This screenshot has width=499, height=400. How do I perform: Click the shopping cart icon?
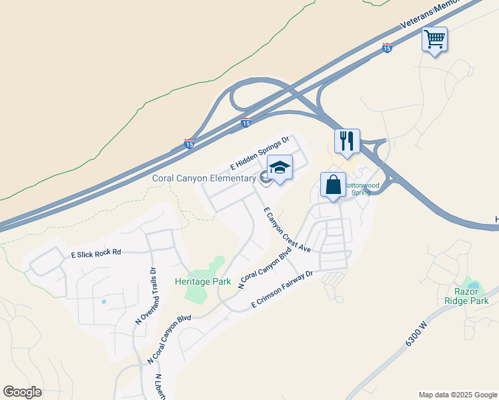click(x=434, y=39)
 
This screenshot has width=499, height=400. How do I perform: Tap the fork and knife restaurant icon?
click(x=347, y=141)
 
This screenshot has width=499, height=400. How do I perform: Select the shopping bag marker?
click(x=332, y=185)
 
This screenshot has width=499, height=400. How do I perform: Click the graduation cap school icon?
click(x=280, y=168)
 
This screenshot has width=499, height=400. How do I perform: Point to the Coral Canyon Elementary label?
click(x=204, y=178)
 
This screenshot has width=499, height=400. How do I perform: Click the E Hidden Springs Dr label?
click(x=259, y=153)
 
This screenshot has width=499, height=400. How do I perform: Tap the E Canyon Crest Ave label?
click(x=288, y=229)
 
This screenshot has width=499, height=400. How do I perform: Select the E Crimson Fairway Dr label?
click(x=282, y=289)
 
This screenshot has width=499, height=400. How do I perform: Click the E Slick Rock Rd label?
click(x=96, y=253)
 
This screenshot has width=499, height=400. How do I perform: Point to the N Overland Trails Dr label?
click(x=145, y=295)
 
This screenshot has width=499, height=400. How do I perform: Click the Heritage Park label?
click(x=203, y=281)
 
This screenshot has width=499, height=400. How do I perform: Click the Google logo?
click(x=22, y=391)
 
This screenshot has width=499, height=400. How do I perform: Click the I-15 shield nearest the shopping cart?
click(x=388, y=48)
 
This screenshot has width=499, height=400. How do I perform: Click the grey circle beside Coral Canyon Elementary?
click(x=264, y=177)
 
